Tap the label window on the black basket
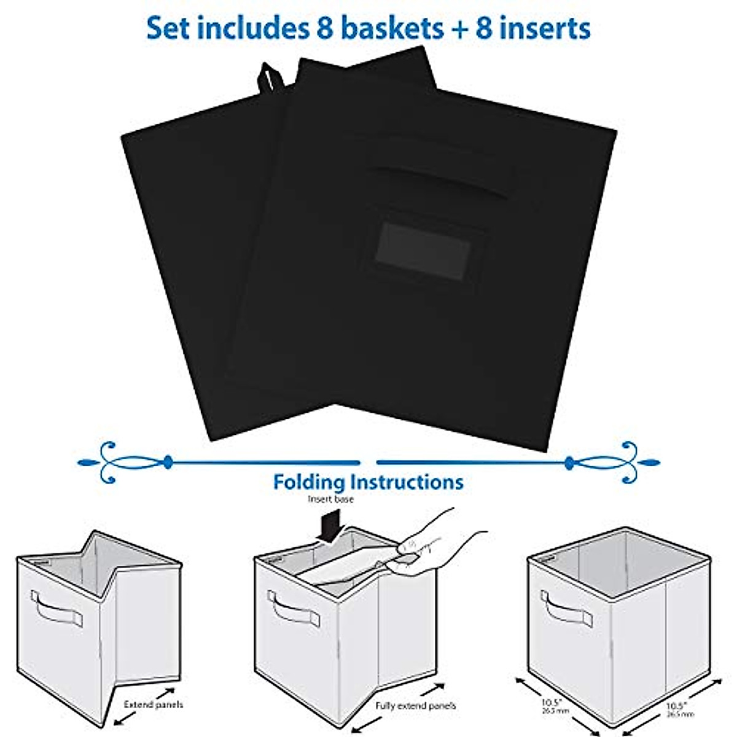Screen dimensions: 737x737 pos(424,249)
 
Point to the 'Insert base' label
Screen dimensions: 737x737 pos(330,499)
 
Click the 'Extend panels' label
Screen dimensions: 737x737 pos(153,704)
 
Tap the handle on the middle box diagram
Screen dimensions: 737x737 pos(294,609)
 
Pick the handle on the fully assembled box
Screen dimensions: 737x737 pos(566,609)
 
